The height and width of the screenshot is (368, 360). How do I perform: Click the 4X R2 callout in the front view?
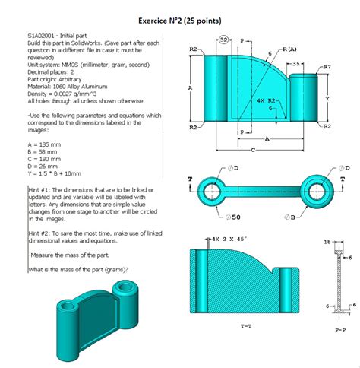(x=267, y=100)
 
